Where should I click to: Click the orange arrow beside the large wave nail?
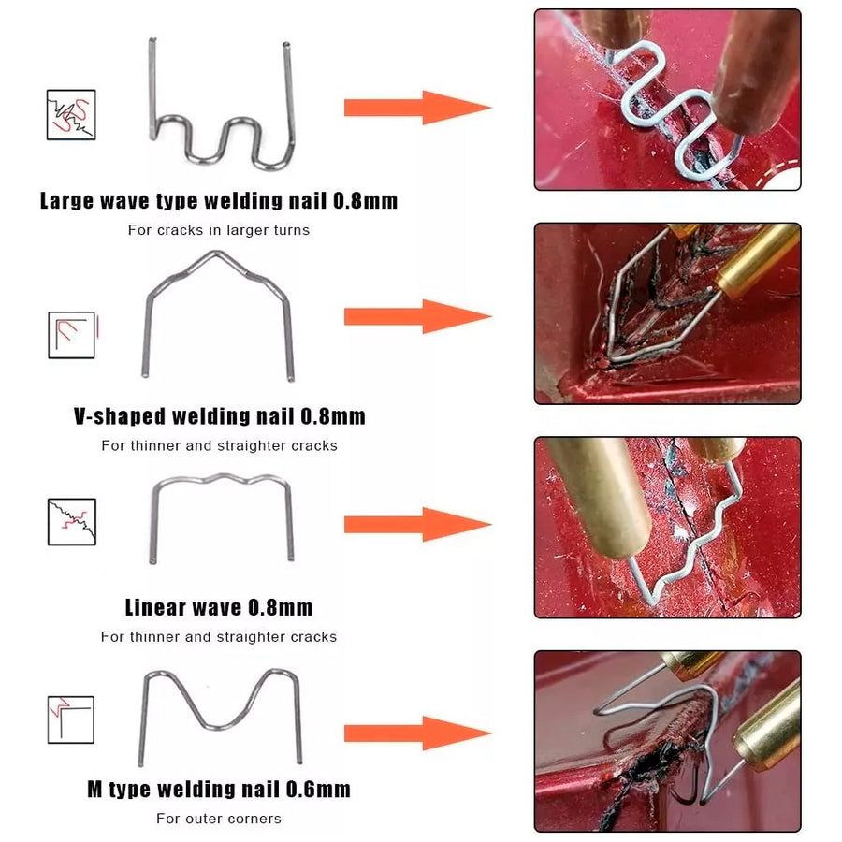click(x=418, y=108)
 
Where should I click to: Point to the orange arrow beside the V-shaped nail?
click(x=418, y=316)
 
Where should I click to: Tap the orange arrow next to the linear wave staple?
click(x=418, y=524)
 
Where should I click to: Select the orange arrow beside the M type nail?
click(x=418, y=733)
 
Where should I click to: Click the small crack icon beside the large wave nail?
click(x=71, y=115)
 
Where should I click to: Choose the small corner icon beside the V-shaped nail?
click(x=71, y=335)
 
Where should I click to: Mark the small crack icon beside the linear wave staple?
click(x=71, y=522)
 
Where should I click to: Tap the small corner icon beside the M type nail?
click(x=71, y=719)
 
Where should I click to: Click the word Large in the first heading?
click(x=66, y=201)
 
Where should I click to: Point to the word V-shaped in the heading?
click(x=120, y=416)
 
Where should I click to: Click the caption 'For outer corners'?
click(x=219, y=819)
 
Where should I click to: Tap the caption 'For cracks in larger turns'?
click(x=219, y=230)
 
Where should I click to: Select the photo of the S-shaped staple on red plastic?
click(x=667, y=100)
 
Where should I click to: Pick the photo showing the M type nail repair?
click(x=667, y=742)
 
